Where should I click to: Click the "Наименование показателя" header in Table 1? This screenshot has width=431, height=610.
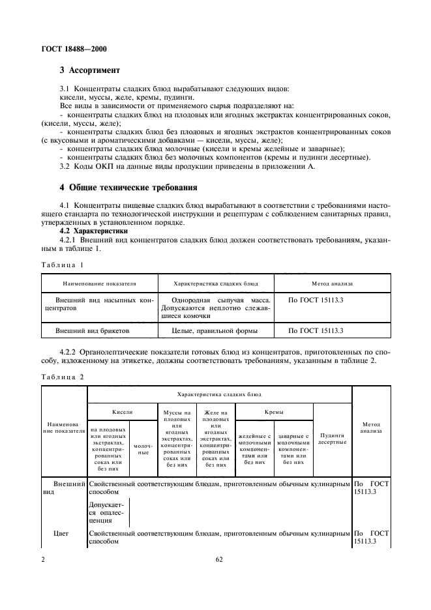click(x=99, y=284)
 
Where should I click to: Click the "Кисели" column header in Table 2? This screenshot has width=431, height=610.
click(x=122, y=412)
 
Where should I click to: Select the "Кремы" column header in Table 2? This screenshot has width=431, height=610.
click(x=273, y=412)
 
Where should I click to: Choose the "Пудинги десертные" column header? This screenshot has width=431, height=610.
click(x=332, y=439)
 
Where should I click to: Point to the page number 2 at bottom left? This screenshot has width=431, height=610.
click(x=43, y=559)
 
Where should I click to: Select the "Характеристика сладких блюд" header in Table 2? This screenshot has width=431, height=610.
click(x=218, y=395)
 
